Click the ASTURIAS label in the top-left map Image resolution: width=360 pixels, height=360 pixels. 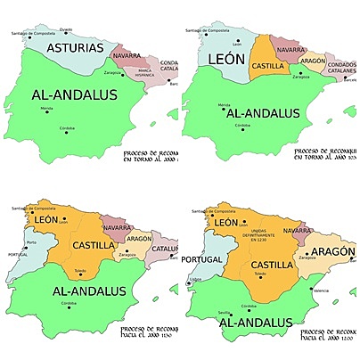68,47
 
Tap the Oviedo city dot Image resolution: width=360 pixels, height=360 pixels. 67,32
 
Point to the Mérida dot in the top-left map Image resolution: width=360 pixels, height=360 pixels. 46,112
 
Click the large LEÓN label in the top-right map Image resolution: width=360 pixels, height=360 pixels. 225,60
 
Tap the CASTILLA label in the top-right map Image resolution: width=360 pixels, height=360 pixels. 267,66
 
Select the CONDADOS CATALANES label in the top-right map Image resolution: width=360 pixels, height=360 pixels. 341,66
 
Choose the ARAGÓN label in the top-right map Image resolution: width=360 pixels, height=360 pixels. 312,61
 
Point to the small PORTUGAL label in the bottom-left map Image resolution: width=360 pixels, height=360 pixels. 18,255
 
